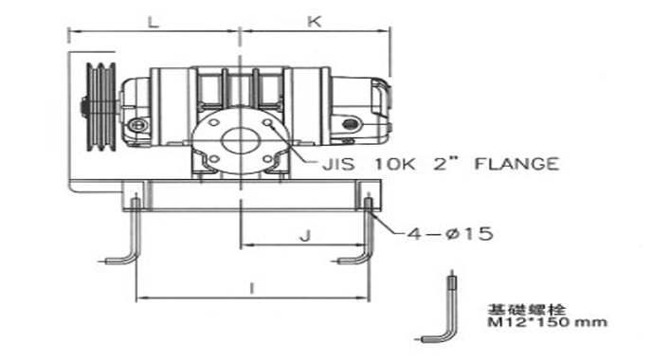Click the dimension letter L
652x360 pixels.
pos(154,22)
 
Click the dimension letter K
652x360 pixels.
pos(315,22)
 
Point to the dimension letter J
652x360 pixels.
pos(305,236)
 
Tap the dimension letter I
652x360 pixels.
pos(251,288)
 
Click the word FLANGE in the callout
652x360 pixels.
pos(516,163)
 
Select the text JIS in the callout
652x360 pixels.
pos(338,164)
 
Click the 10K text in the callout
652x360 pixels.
pos(394,164)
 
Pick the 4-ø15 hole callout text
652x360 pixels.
pos(450,234)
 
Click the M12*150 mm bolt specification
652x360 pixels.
pos(547,322)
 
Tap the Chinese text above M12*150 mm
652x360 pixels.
pos(526,309)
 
